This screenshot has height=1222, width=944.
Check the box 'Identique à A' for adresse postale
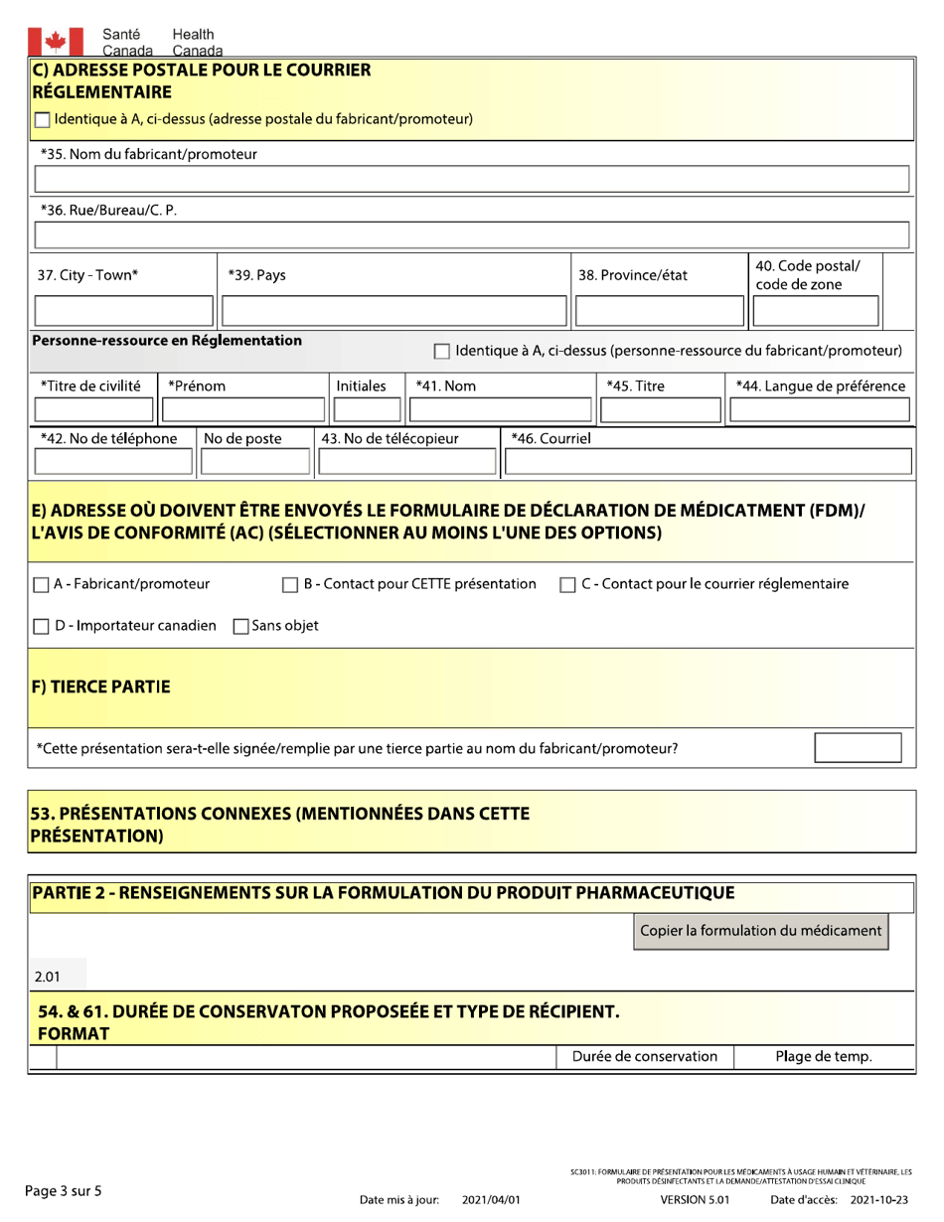coord(43,120)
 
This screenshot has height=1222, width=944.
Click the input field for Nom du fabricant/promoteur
coord(472,180)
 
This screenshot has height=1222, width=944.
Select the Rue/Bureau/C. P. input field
coord(472,236)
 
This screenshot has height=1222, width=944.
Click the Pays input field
coord(392,311)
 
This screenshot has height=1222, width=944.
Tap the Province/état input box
coord(657,311)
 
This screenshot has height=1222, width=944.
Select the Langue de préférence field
coord(820,411)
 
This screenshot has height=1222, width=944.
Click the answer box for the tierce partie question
coord(858,747)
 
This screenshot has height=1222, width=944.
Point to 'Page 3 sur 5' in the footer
coord(63,1191)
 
